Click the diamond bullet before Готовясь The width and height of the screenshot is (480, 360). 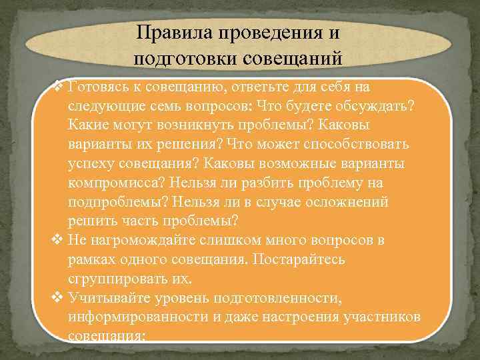coord(59,87)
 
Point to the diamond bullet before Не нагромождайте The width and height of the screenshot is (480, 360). coord(59,240)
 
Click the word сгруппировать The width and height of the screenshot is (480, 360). coord(120,277)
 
